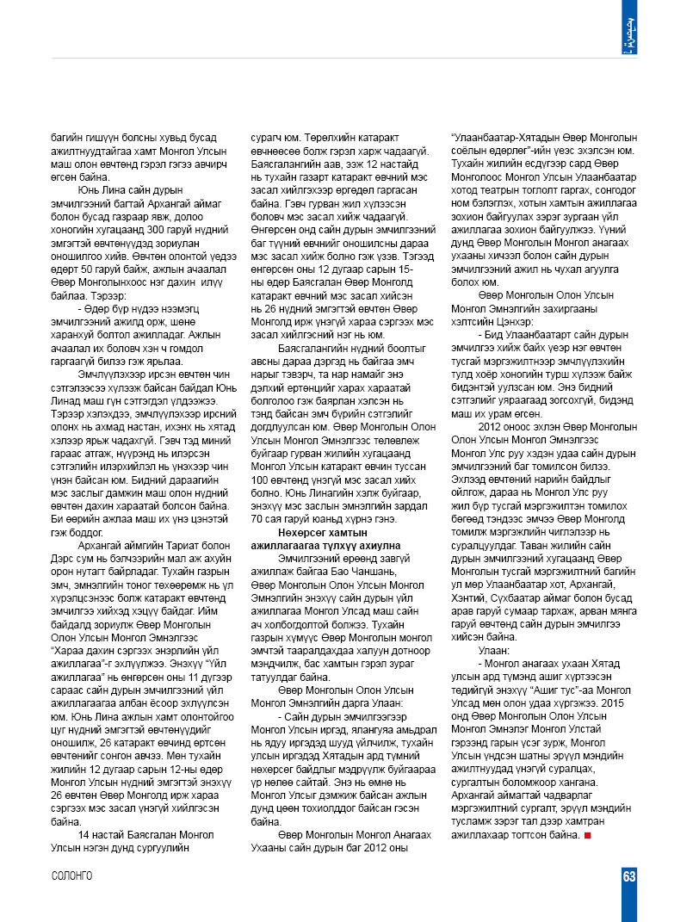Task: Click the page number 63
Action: tap(629, 876)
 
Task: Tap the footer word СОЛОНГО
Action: tap(72, 876)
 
